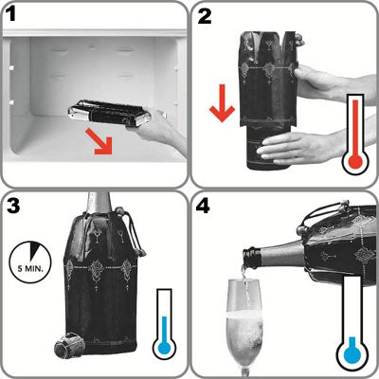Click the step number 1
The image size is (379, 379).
[x=11, y=14]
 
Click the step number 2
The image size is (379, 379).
[x=205, y=15]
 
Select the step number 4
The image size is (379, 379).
[x=203, y=206]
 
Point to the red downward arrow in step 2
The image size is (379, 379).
[x=223, y=103]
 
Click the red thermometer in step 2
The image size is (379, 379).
[x=355, y=135]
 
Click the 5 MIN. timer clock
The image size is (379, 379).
[x=30, y=262]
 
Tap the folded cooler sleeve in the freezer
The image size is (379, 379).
[x=109, y=114]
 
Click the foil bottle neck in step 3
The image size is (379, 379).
[x=99, y=204]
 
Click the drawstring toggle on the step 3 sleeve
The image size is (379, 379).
[x=141, y=253]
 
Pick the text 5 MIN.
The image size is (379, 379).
[x=30, y=269]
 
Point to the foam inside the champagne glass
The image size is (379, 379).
[x=244, y=316]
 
